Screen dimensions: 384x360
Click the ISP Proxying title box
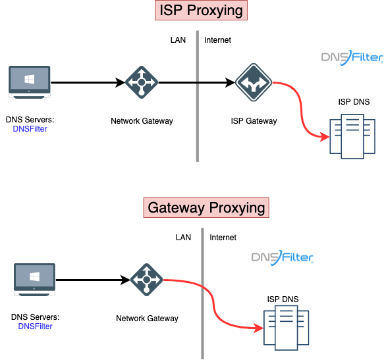coord(201,11)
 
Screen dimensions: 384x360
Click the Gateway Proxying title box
coord(206,207)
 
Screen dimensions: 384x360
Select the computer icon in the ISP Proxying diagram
coord(30,82)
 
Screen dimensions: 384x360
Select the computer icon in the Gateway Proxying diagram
coord(34,280)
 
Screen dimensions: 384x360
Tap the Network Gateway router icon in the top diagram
coord(142,82)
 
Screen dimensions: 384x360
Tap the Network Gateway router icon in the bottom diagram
coord(147,280)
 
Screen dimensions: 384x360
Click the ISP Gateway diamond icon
coord(254,82)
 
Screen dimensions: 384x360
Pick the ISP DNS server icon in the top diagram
coord(352,136)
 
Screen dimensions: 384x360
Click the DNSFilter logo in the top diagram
coord(352,58)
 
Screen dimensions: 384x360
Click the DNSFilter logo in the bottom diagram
coord(283,258)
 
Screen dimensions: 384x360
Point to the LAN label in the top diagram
coord(178,40)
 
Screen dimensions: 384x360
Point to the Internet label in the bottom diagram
coord(223,238)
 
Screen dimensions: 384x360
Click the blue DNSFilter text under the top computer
coord(30,129)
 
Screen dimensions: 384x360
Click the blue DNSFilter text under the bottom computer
coord(35,326)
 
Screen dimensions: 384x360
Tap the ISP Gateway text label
coord(254,121)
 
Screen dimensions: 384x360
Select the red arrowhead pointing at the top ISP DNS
coord(325,137)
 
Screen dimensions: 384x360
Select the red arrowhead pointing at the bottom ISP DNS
coord(259,328)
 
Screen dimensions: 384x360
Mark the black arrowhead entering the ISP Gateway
coord(231,82)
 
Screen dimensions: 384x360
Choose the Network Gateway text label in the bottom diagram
coord(147,319)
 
